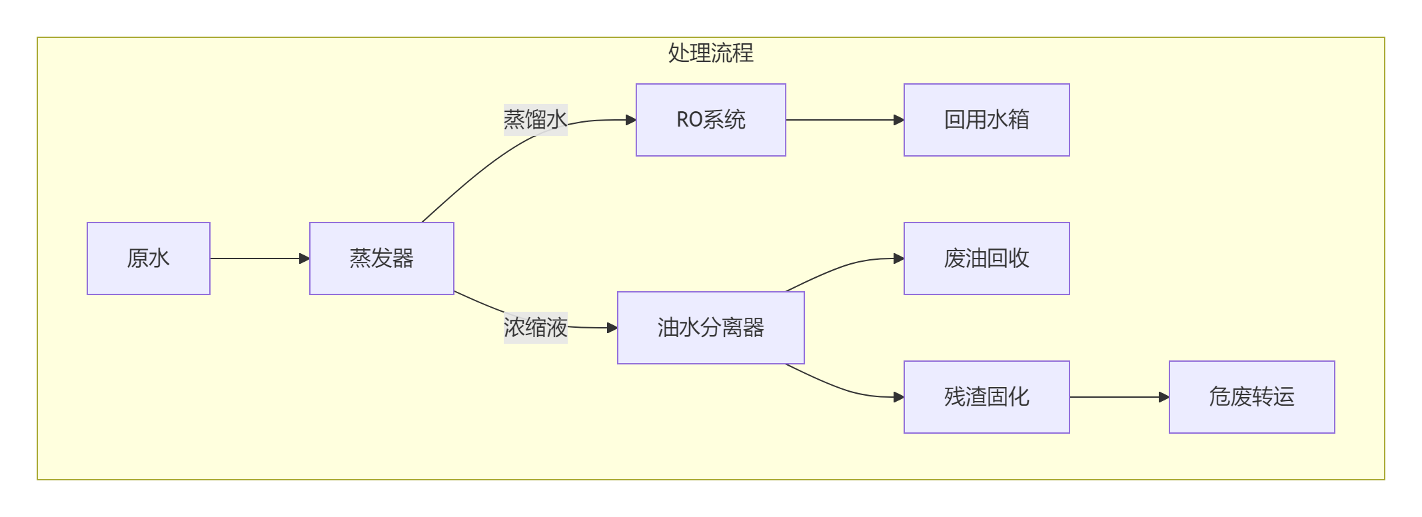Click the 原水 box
coord(148,258)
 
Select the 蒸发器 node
coord(381,258)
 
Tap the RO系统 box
coord(710,120)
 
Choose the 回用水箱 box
coord(986,120)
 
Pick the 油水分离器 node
coord(710,328)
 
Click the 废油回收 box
coord(986,258)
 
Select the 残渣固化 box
coord(986,397)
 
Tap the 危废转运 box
coord(1251,397)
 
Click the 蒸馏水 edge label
coord(535,120)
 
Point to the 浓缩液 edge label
coord(535,328)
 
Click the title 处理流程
coord(710,53)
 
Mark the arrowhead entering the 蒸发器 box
coord(305,258)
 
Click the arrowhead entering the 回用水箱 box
coord(899,120)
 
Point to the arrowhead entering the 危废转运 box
coord(1164,397)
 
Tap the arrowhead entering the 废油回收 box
coord(899,258)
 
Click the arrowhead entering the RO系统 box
coord(631,120)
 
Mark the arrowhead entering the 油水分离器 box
coord(612,328)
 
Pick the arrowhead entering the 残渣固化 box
coord(899,397)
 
